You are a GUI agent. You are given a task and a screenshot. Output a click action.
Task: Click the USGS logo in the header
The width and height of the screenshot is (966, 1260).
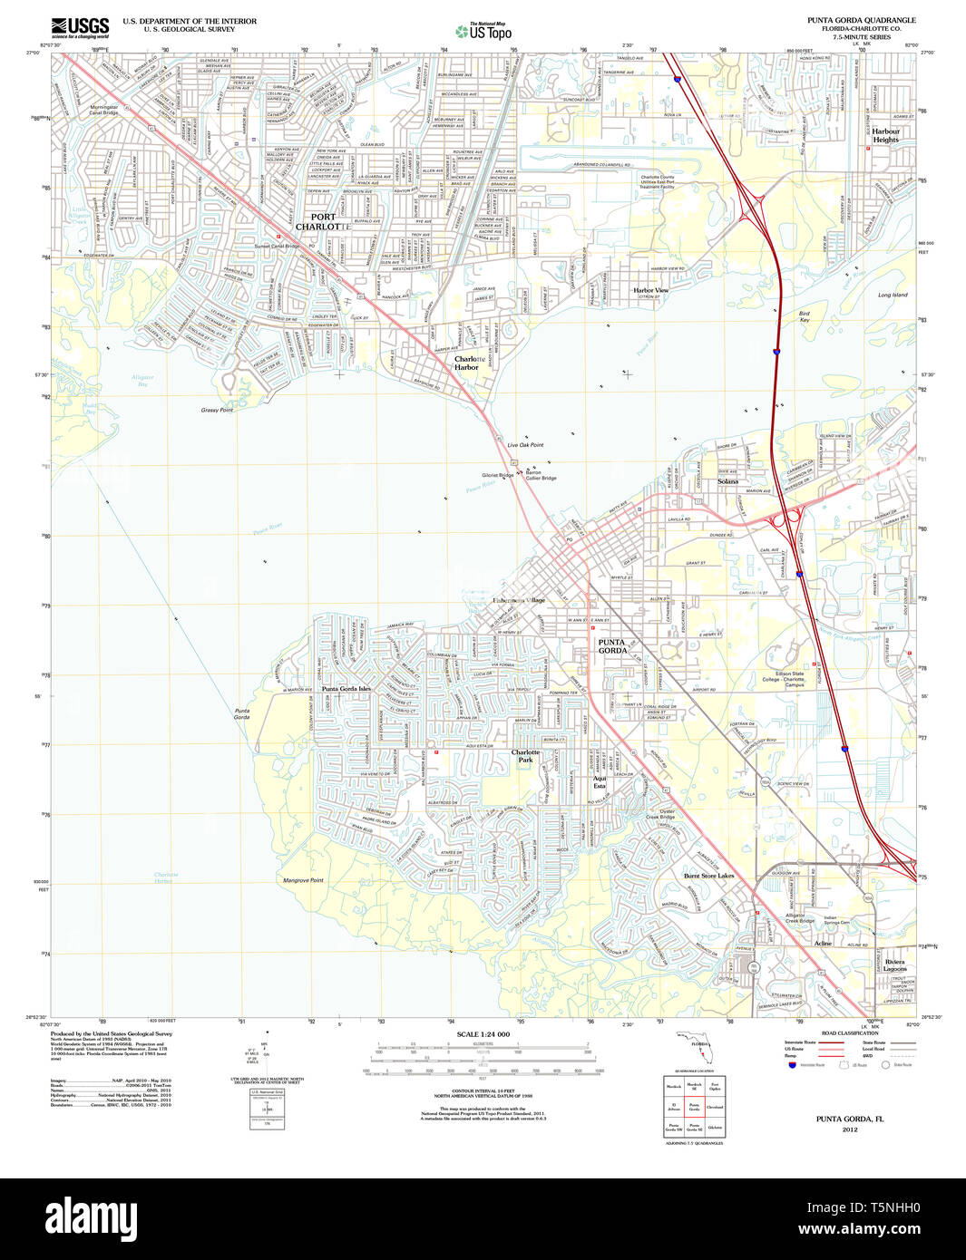[80, 27]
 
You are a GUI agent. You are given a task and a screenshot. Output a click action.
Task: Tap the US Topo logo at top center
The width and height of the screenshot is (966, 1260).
[483, 32]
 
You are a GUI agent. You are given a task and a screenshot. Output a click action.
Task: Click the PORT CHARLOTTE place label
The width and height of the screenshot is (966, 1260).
[322, 221]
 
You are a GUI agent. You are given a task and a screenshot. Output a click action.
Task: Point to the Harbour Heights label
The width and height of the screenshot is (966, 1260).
[885, 136]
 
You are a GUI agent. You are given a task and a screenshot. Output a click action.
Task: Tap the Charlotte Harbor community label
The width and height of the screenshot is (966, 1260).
[467, 363]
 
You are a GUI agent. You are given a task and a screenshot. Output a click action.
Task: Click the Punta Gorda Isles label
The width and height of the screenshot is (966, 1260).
[346, 689]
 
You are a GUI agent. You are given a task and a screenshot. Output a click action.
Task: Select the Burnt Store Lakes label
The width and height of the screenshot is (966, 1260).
[708, 876]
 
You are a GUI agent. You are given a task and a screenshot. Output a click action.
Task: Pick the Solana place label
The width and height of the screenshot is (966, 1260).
[727, 481]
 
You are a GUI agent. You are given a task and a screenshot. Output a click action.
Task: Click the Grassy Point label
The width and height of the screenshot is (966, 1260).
[217, 410]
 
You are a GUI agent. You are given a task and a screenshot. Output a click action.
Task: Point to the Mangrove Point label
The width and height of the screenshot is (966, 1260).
[303, 880]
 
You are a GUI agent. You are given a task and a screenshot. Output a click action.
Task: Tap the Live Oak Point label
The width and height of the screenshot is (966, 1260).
[525, 445]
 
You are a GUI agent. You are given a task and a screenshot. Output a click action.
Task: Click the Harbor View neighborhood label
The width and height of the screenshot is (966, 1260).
[650, 290]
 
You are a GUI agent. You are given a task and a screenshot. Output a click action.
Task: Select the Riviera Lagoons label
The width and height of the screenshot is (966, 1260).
[894, 965]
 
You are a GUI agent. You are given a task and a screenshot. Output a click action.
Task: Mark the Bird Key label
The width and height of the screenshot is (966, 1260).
[804, 317]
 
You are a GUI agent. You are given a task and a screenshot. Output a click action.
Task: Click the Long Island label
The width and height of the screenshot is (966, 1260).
[892, 295]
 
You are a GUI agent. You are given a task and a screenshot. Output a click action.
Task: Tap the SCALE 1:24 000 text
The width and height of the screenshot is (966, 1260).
[483, 1034]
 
